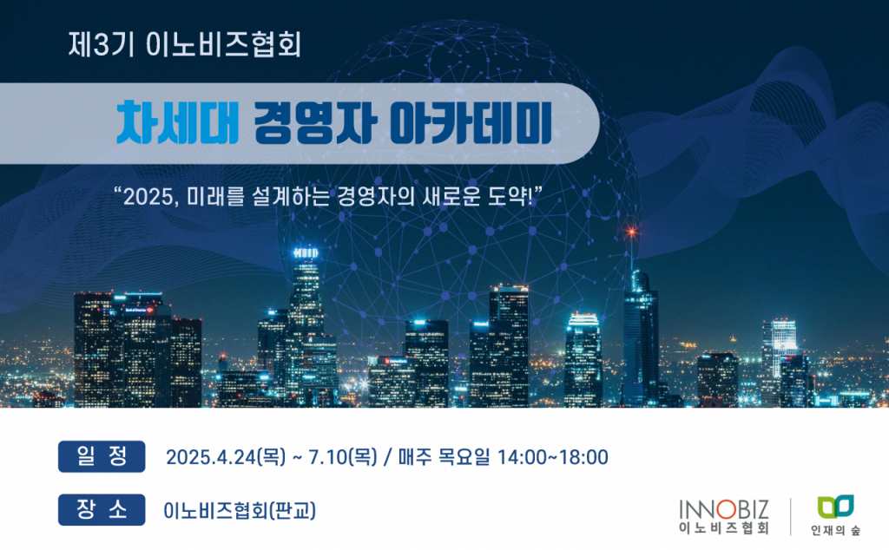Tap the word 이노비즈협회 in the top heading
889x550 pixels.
click(x=223, y=44)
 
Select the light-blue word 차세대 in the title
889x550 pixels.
click(x=177, y=123)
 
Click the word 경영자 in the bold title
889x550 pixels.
click(x=314, y=123)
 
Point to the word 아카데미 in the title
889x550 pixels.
click(x=471, y=123)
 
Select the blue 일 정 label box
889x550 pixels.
click(x=102, y=456)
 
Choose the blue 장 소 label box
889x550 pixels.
click(x=102, y=510)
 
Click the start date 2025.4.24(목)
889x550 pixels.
click(x=226, y=457)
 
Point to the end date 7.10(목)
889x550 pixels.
click(x=342, y=457)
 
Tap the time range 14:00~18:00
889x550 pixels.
click(x=552, y=457)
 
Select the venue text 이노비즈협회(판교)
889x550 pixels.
click(x=240, y=510)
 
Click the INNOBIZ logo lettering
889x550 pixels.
click(x=724, y=509)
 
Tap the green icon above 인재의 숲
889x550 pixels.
click(x=836, y=507)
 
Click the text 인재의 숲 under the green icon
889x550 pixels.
click(x=836, y=530)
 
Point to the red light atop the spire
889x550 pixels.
click(x=631, y=231)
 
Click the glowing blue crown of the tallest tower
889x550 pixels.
click(x=306, y=252)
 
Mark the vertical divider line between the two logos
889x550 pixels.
click(x=791, y=516)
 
